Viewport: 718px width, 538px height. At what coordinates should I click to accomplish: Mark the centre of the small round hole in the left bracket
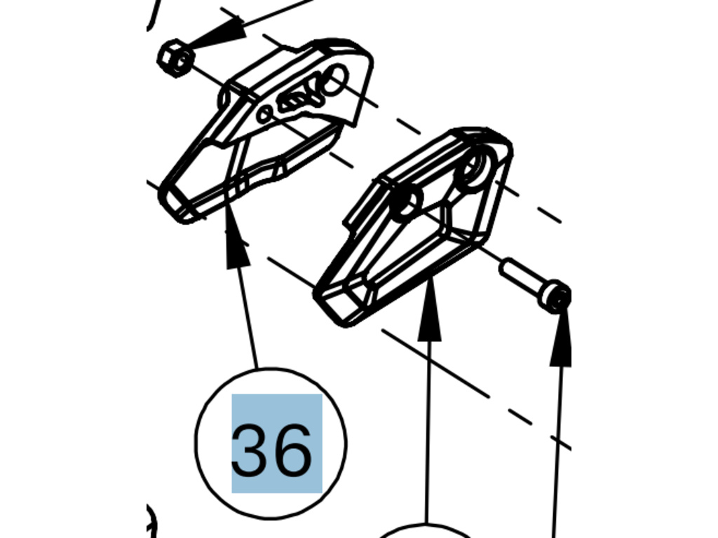pos(264,114)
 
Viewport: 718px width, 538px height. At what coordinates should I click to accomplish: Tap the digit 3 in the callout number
pos(250,450)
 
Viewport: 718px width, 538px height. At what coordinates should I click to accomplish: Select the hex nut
pos(176,58)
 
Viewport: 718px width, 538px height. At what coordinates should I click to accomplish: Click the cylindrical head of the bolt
pos(556,296)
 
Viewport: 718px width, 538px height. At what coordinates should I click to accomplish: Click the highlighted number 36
pos(276,443)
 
